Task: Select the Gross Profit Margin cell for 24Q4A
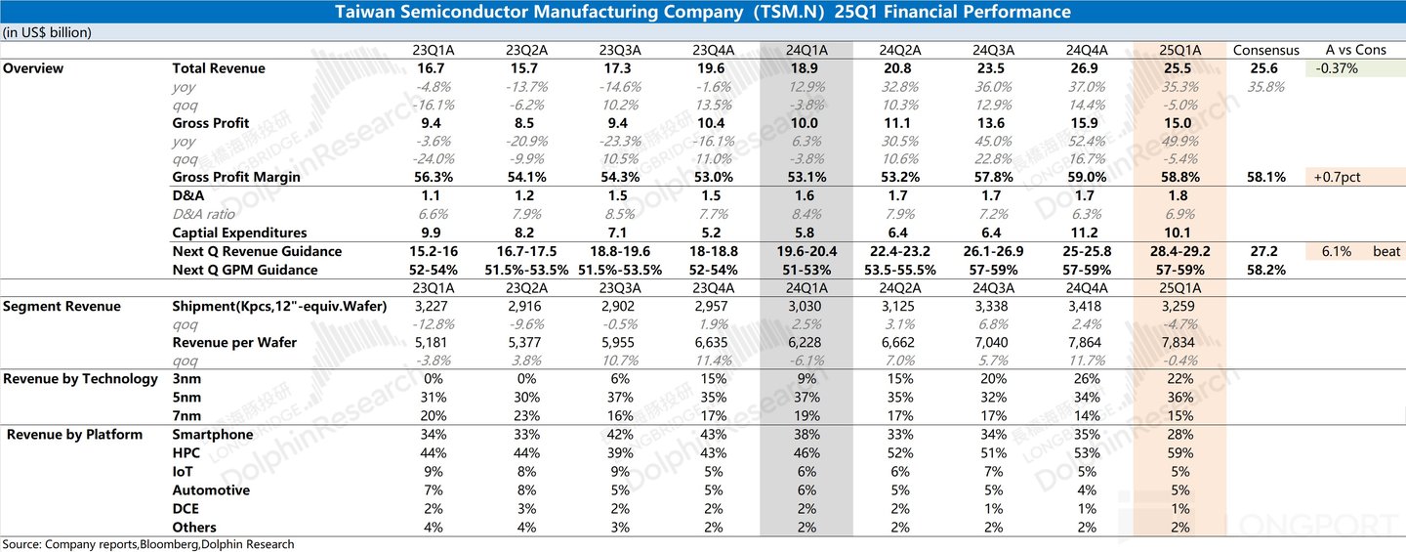click(1087, 178)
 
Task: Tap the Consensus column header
click(1266, 50)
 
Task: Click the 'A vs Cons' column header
click(1355, 50)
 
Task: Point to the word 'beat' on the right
click(1386, 251)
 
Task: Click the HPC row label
click(186, 453)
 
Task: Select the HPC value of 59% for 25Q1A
click(1179, 453)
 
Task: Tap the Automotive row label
click(211, 490)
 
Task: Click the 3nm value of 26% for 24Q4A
click(1087, 379)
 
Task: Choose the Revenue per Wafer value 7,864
click(1087, 343)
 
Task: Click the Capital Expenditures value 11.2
click(1087, 233)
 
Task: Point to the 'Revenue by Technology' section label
click(80, 379)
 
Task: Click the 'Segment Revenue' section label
click(62, 307)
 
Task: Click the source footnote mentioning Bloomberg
click(147, 544)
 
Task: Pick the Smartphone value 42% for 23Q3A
click(619, 435)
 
